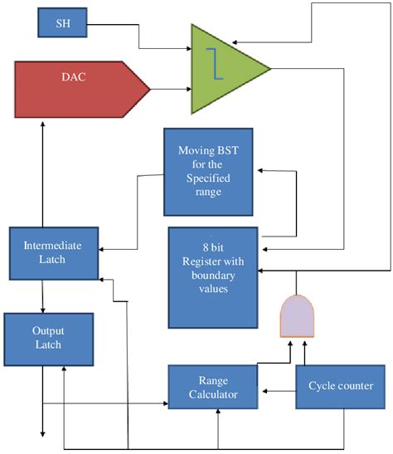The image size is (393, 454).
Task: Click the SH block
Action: pos(62,22)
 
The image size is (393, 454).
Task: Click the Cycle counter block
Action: pos(340,386)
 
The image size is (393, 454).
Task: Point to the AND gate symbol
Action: pos(298,317)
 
